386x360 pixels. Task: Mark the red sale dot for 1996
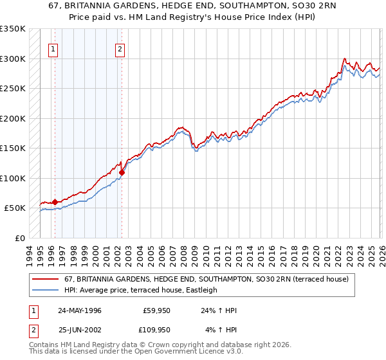pos(55,202)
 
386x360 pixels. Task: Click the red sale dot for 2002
pos(122,172)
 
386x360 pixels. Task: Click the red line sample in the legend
pos(46,280)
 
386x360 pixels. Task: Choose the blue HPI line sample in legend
pos(46,291)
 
